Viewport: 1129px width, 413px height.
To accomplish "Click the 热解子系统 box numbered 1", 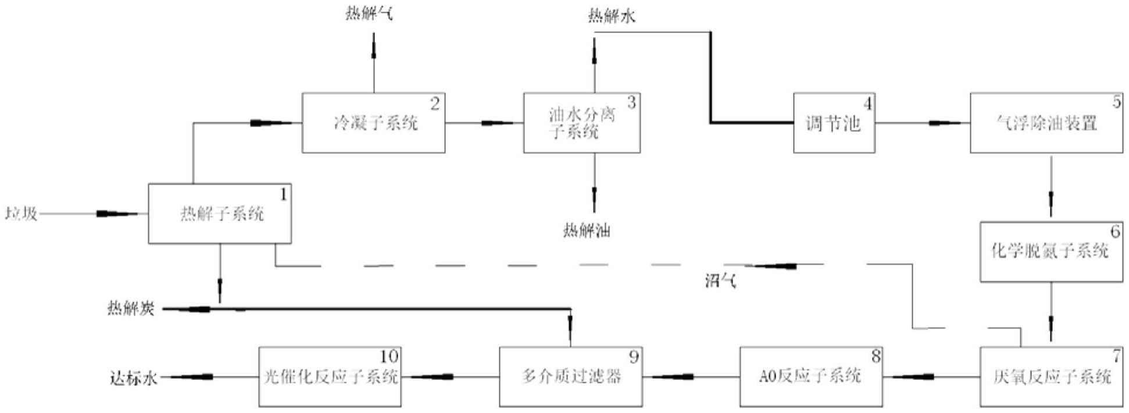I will pos(220,214).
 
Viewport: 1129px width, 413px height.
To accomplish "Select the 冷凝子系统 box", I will pos(373,123).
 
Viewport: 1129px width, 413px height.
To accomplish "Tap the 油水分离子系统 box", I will pos(581,123).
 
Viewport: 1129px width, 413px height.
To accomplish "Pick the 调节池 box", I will pos(834,123).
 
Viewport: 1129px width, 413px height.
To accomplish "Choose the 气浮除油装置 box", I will pos(1046,123).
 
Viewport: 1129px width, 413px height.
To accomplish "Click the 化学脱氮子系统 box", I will pos(1051,252).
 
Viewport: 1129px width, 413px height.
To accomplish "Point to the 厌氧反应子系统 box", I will pos(1051,377).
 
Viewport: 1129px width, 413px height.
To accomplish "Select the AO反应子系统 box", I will pos(810,377).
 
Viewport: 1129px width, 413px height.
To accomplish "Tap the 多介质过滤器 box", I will pos(570,377).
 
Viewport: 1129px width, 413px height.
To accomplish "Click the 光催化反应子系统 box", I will pos(330,377).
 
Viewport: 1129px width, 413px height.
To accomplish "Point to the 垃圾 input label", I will pos(22,214).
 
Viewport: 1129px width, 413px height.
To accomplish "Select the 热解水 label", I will pos(611,16).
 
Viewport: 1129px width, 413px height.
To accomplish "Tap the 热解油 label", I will pos(587,231).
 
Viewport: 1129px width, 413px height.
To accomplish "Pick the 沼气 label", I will pos(720,282).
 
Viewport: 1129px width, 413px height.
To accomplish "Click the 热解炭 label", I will pos(131,308).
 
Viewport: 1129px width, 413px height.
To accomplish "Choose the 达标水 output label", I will pos(134,378).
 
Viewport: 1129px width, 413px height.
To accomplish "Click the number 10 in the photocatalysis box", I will pos(388,355).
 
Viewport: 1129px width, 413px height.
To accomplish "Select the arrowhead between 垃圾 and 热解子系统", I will pos(110,214).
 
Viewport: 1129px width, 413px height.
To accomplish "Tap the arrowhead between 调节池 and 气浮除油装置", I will pos(942,123).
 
